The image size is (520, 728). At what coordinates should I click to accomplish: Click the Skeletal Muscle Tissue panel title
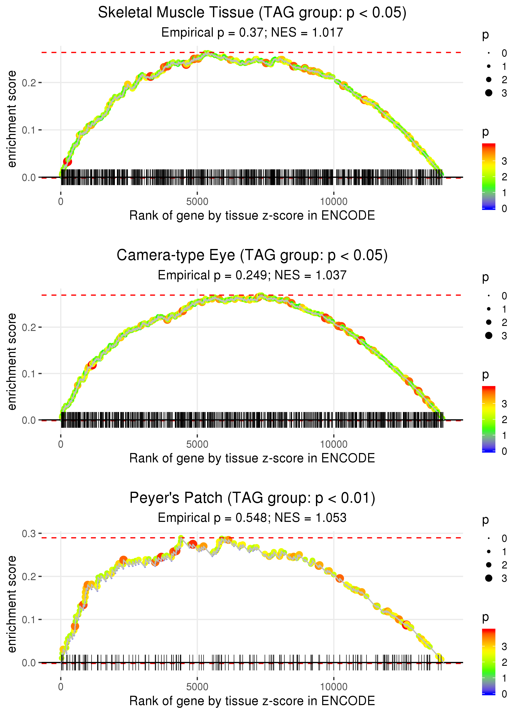coord(252,13)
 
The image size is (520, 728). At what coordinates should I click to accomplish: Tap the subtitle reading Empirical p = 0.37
coord(252,32)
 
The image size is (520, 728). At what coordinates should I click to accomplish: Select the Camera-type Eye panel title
coord(252,255)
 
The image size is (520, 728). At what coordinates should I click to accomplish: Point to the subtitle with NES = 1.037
coord(252,275)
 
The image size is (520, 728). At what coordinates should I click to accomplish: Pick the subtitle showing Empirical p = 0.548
coord(252,518)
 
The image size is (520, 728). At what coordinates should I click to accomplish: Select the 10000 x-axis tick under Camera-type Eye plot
coord(334,444)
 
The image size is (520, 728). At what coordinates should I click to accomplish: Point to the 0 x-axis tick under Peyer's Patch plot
coord(61,687)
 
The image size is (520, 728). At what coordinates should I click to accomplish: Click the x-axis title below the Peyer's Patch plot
coord(252,701)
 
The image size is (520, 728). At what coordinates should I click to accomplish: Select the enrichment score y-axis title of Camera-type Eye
coord(12,362)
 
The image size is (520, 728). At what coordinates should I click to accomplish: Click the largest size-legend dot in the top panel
coord(489,93)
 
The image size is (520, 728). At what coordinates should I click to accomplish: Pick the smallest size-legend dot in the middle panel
coord(489,296)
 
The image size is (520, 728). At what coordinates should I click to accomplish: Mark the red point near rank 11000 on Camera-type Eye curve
coord(361,340)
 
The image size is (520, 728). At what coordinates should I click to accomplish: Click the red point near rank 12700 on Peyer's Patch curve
coord(407,624)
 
